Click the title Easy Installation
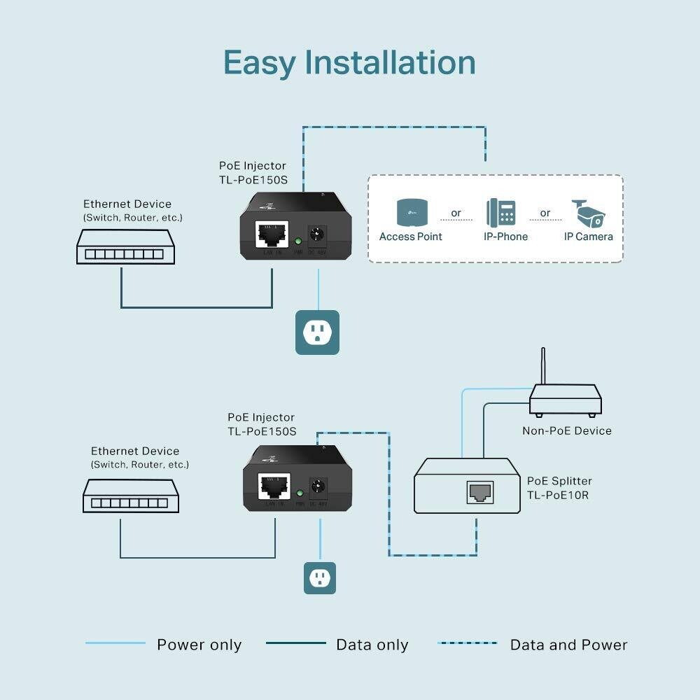pyautogui.click(x=349, y=62)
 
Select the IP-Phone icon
pyautogui.click(x=501, y=212)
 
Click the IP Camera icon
pyautogui.click(x=587, y=213)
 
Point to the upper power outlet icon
pyautogui.click(x=317, y=332)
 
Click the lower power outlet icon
pyautogui.click(x=320, y=577)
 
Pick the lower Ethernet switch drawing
pyautogui.click(x=131, y=496)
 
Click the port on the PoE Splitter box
pyautogui.click(x=479, y=492)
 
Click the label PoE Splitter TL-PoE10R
pyautogui.click(x=559, y=488)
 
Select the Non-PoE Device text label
pyautogui.click(x=566, y=430)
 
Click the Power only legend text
pyautogui.click(x=199, y=645)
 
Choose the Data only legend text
pyautogui.click(x=372, y=645)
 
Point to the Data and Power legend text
pyautogui.click(x=568, y=645)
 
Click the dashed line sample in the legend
pyautogui.click(x=467, y=643)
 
